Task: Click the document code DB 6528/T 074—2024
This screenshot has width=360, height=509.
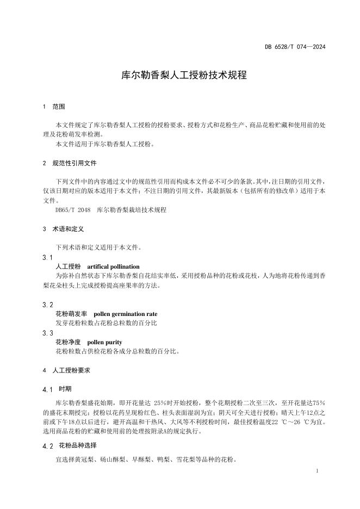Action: click(x=295, y=47)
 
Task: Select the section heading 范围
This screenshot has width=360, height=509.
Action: click(x=59, y=107)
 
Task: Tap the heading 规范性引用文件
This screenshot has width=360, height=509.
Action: click(x=75, y=163)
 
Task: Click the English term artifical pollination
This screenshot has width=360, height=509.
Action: click(x=113, y=266)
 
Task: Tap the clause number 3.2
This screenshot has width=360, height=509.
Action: click(x=47, y=305)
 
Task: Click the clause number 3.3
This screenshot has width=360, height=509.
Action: click(x=47, y=332)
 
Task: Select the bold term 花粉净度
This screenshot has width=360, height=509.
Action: click(x=68, y=342)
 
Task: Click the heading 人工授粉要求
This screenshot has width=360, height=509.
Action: click(x=71, y=370)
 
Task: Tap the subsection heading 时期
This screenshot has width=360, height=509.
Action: click(x=65, y=389)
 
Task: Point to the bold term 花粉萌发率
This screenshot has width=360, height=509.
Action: click(x=71, y=314)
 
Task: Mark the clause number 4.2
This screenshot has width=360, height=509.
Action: click(x=47, y=446)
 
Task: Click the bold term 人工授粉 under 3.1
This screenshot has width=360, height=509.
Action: click(x=68, y=266)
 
